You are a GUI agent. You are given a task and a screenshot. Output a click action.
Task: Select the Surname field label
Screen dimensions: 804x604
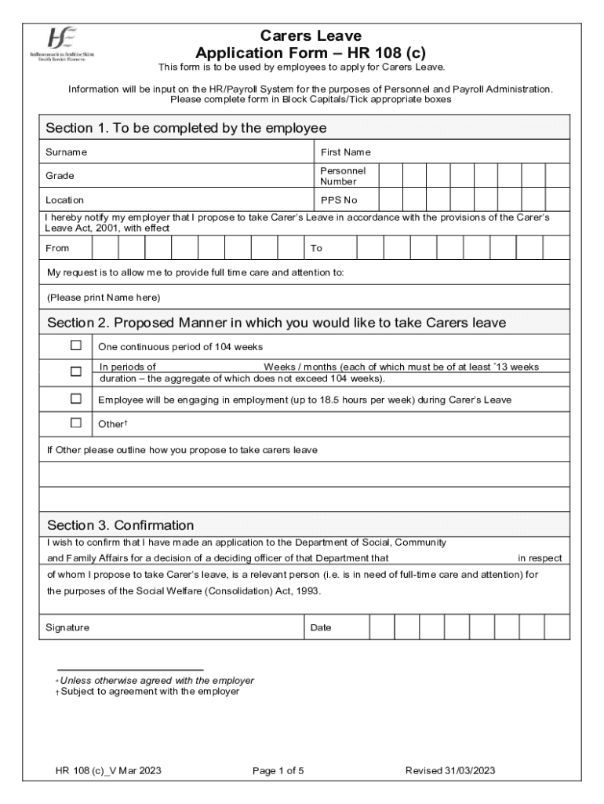[x=66, y=152]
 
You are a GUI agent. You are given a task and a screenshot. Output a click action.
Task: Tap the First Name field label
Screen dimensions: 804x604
[x=345, y=152]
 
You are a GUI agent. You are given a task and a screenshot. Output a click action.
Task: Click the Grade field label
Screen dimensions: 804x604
[x=60, y=176]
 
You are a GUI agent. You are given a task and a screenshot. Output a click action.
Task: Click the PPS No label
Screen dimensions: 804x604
[x=339, y=200]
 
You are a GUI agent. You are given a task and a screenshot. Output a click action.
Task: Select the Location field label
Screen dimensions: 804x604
[x=64, y=200]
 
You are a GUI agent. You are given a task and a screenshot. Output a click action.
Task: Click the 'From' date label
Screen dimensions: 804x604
[x=57, y=248]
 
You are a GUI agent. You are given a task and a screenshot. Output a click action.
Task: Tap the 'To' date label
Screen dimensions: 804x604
[x=316, y=248]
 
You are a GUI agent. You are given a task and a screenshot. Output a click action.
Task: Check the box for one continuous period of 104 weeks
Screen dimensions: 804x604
[x=76, y=345]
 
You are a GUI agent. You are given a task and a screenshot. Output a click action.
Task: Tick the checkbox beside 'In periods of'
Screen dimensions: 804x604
[x=76, y=371]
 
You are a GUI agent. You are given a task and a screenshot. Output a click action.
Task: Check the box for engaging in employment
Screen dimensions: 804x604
[x=76, y=399]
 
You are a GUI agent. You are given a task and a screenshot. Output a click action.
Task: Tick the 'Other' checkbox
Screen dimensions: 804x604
[x=76, y=422]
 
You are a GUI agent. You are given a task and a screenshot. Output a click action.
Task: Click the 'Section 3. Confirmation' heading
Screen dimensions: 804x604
[x=120, y=525]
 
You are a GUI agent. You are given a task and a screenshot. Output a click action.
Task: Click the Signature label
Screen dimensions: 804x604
[x=67, y=627]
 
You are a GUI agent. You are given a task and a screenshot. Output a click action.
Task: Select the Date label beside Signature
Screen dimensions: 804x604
[x=321, y=627]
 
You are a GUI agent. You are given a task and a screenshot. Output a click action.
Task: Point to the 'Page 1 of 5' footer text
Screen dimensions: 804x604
[x=278, y=771]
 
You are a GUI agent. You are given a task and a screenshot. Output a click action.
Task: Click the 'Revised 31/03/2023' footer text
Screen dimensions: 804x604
[x=449, y=771]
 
